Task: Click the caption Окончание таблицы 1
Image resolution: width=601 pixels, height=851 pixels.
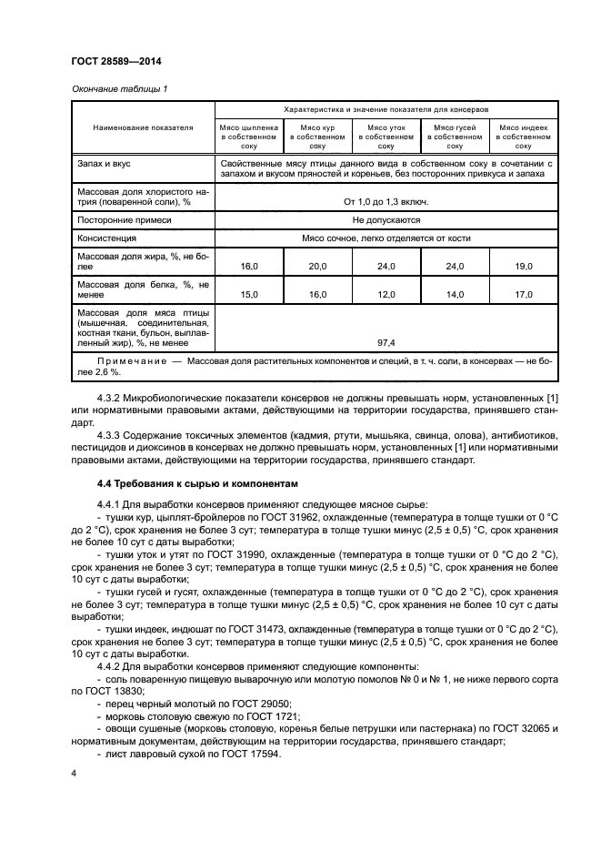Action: click(x=119, y=88)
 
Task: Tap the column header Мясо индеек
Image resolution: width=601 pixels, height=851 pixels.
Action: click(x=524, y=128)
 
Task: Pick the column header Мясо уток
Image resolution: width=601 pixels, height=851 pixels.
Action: click(x=386, y=128)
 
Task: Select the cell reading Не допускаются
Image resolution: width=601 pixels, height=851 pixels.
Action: click(x=386, y=219)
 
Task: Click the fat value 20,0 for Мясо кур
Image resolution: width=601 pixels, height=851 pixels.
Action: click(x=317, y=266)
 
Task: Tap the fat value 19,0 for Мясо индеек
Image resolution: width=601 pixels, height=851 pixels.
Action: click(x=524, y=266)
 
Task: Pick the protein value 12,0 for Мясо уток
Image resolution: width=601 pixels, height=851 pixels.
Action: click(x=386, y=295)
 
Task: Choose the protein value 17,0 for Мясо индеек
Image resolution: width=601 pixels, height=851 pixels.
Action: click(x=524, y=295)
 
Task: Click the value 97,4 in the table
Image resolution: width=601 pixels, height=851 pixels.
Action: click(x=386, y=343)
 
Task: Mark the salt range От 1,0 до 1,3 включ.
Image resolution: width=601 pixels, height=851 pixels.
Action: click(x=386, y=201)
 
